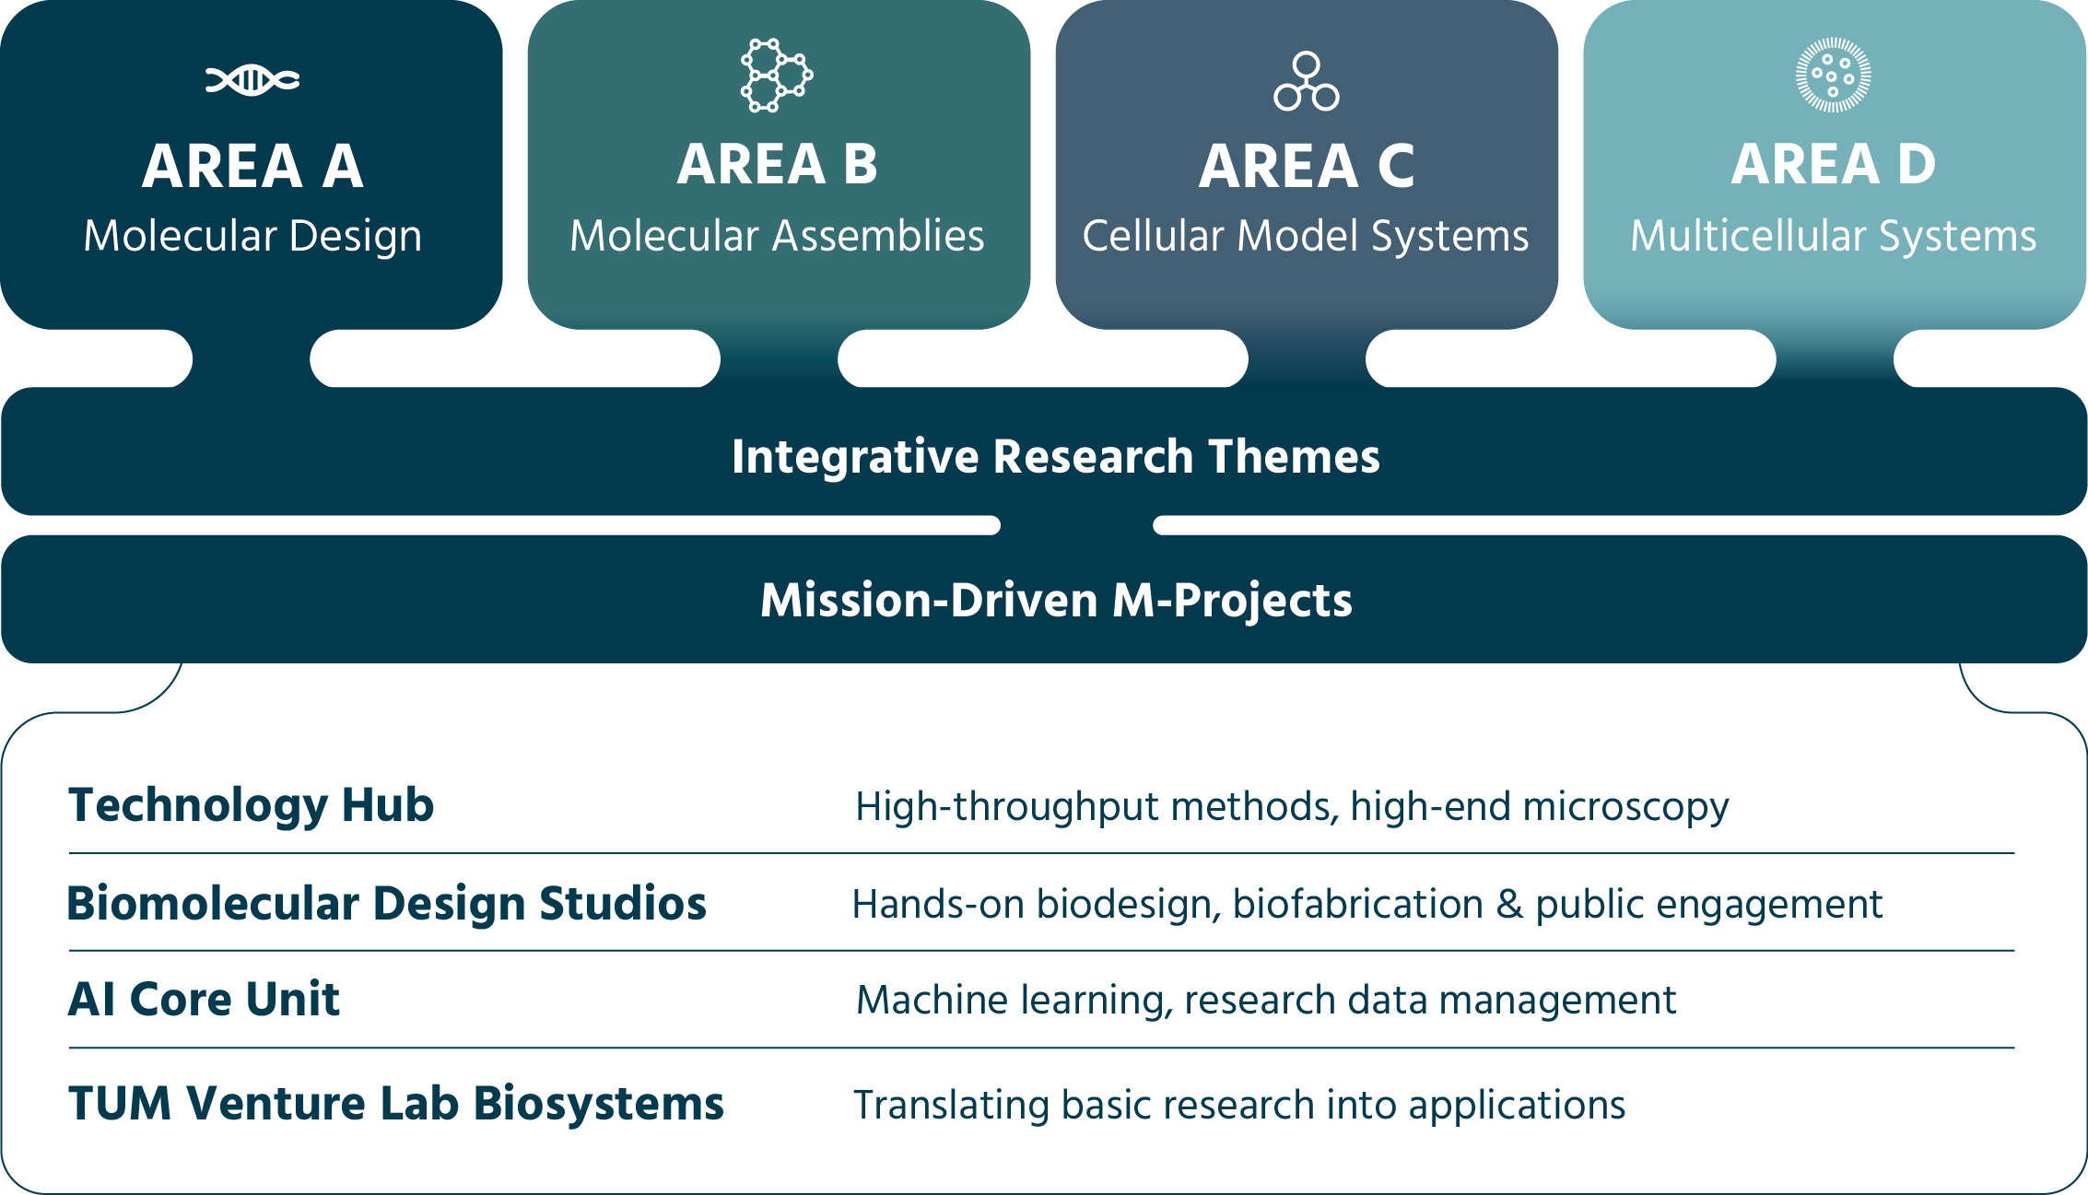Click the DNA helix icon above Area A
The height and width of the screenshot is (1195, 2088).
[x=252, y=80]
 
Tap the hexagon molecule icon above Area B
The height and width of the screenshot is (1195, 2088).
[x=777, y=76]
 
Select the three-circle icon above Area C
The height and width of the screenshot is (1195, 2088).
[x=1307, y=81]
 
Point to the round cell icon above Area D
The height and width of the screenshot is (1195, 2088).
[x=1834, y=75]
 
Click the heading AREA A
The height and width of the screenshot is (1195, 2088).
[x=252, y=167]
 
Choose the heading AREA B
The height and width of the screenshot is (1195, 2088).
[x=778, y=165]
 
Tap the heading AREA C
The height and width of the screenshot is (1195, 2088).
[x=1307, y=167]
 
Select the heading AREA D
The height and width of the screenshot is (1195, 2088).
[x=1834, y=165]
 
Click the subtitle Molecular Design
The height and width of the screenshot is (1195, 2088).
[x=252, y=237]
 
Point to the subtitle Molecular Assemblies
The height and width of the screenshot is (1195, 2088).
[x=777, y=236]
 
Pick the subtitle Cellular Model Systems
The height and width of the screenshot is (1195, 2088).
[x=1306, y=237]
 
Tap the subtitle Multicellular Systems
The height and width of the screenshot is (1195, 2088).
[x=1834, y=237]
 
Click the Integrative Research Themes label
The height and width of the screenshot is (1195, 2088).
[x=1056, y=457]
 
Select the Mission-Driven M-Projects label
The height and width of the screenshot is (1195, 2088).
[x=1057, y=601]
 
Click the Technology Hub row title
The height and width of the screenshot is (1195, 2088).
[x=252, y=806]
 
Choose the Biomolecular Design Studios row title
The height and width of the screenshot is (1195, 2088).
[x=387, y=904]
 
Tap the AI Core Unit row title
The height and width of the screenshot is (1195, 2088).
[x=205, y=1000]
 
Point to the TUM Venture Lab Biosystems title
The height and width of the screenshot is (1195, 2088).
[x=396, y=1105]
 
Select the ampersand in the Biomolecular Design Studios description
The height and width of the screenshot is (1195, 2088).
[x=1509, y=905]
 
